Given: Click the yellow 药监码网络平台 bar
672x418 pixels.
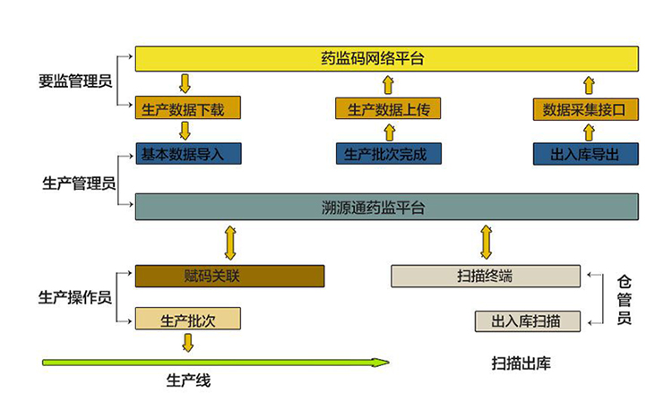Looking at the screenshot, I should click(x=386, y=59).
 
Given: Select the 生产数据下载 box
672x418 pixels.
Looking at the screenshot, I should click(x=188, y=109).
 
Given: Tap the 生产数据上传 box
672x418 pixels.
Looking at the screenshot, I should click(x=388, y=109).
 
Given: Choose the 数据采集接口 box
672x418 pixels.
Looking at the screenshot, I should click(x=589, y=109).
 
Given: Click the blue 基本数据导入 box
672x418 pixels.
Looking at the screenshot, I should click(x=188, y=153).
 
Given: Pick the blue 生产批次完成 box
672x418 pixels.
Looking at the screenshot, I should click(x=388, y=153).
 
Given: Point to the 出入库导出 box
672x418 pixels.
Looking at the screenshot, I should click(x=589, y=153).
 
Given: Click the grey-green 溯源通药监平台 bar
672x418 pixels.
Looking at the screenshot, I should click(x=386, y=207).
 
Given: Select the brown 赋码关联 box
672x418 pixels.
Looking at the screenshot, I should click(x=229, y=276).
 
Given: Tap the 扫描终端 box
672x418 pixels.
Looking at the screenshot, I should click(x=486, y=276).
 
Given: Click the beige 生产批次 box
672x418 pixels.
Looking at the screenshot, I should click(x=188, y=319).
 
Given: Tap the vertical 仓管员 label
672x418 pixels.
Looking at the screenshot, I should click(x=625, y=299).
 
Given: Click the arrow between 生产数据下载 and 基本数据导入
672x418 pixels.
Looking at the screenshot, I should click(x=186, y=131).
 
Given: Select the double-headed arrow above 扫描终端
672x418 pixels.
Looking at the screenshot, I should click(x=487, y=242).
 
